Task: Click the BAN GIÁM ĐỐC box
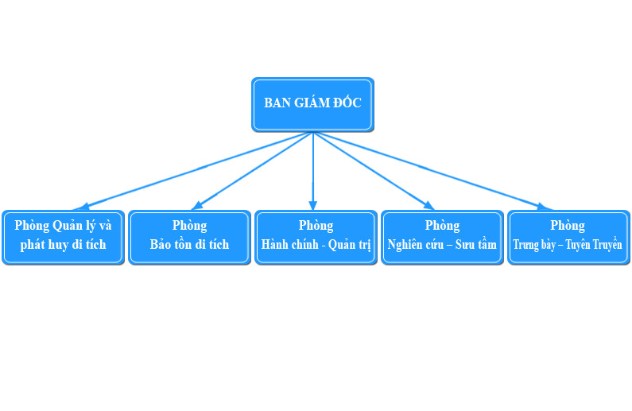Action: point(312,104)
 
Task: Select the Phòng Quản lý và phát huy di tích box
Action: point(64,237)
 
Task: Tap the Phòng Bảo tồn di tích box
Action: point(189,237)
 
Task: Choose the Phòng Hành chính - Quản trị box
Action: point(316,237)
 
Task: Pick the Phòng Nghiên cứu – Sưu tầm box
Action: point(442,237)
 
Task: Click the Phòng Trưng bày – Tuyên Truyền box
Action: point(568,237)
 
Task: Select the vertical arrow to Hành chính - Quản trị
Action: point(313,171)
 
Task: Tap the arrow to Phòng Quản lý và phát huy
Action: point(199,169)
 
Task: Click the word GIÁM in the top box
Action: point(312,103)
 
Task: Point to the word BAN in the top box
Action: point(277,103)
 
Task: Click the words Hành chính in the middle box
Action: point(288,245)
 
